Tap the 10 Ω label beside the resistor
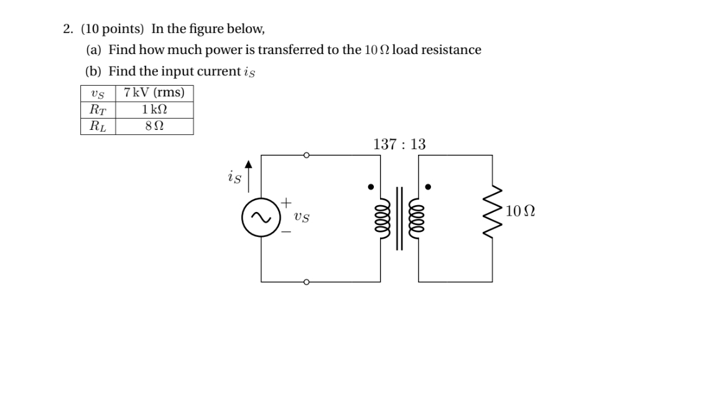tap(520, 211)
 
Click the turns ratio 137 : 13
tap(399, 144)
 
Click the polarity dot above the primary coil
tap(371, 186)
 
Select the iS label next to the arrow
tap(234, 177)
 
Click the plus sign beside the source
tap(285, 202)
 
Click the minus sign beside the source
tap(285, 232)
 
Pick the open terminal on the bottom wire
tap(306, 282)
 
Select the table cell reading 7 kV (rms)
tap(154, 93)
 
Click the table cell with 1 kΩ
tap(154, 109)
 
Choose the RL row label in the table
tap(97, 126)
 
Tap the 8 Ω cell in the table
tap(154, 126)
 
